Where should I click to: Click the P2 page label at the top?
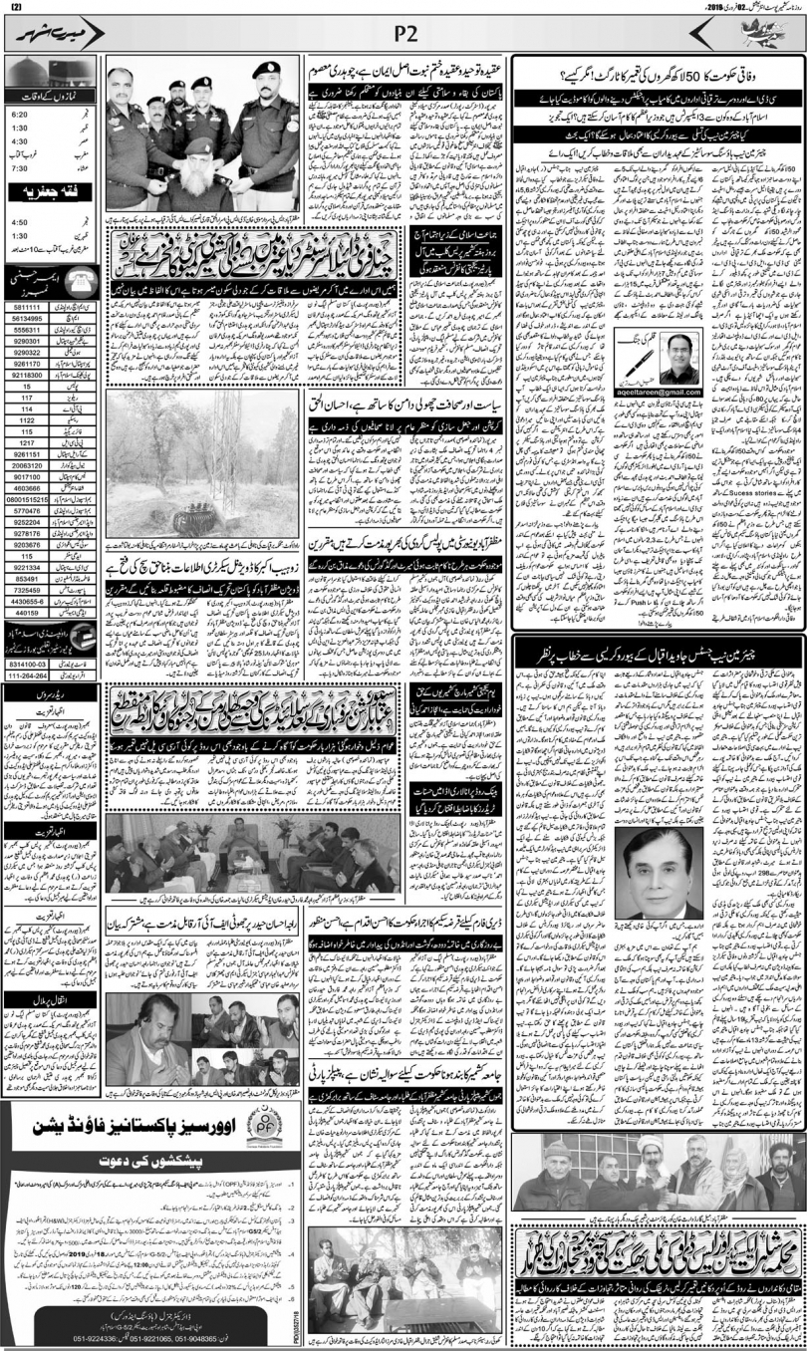tap(403, 33)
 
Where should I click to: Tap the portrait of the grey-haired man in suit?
tap(659, 880)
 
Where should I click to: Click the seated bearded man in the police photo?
tap(203, 180)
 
